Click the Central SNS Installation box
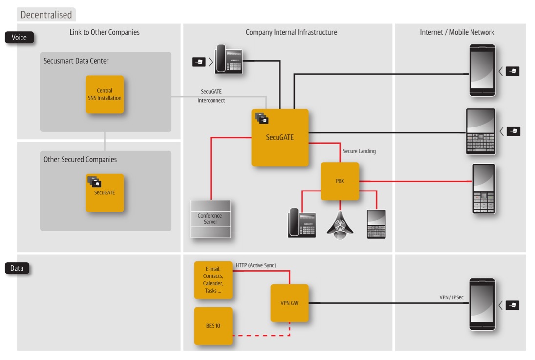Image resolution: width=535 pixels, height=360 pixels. click(105, 94)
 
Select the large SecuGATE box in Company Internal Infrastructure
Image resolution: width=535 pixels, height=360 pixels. click(280, 137)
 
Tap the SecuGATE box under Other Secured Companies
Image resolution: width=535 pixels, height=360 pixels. click(105, 192)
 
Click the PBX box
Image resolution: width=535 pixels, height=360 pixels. click(340, 181)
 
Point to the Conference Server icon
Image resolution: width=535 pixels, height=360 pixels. click(210, 219)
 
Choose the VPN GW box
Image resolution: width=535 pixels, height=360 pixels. click(289, 303)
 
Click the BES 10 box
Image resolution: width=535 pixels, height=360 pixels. click(214, 325)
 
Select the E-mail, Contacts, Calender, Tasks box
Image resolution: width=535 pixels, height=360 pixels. click(214, 280)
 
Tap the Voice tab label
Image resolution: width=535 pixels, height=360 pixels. click(20, 37)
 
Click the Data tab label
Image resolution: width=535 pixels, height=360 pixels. click(18, 268)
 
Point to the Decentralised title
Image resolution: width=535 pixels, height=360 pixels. click(46, 15)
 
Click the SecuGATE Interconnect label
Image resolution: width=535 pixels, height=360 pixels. click(211, 96)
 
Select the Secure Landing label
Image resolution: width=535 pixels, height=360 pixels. click(359, 151)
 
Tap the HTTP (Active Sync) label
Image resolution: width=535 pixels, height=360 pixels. click(256, 265)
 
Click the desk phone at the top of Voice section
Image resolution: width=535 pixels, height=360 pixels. click(228, 60)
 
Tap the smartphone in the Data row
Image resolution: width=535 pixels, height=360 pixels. click(482, 305)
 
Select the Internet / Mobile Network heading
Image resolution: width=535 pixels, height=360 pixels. click(457, 32)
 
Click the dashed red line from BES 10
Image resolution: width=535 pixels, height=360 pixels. click(261, 336)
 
